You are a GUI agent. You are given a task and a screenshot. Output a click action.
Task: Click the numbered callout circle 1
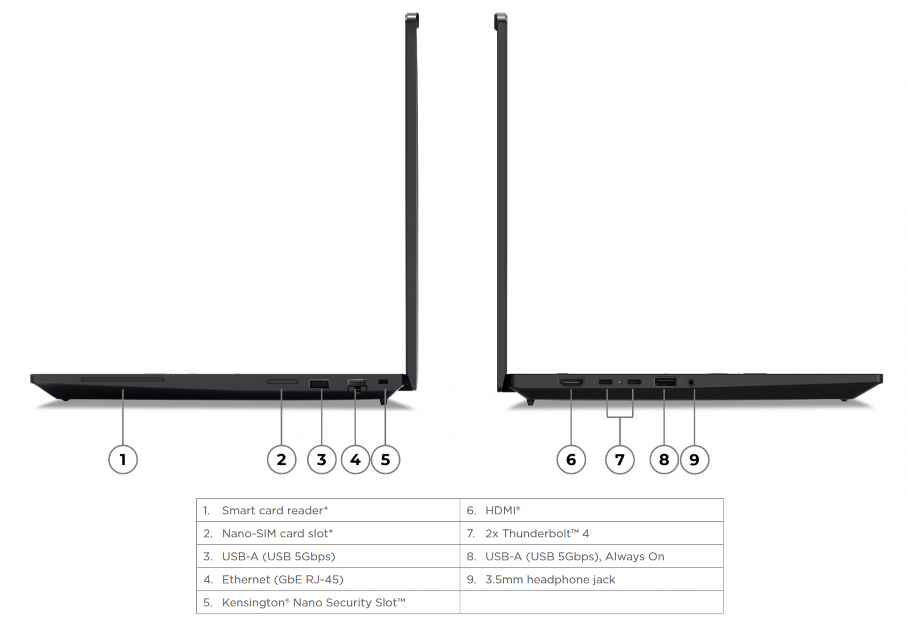[123, 459]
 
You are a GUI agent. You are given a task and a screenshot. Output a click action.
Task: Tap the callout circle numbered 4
[355, 459]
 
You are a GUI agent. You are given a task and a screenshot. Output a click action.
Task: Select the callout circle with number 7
[619, 459]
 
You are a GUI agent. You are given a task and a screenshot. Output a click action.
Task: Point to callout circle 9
[694, 459]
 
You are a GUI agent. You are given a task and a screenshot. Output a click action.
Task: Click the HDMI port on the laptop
[571, 382]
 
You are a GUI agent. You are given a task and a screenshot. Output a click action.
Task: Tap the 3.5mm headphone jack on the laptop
[691, 382]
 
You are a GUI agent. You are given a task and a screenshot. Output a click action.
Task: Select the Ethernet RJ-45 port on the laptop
[357, 385]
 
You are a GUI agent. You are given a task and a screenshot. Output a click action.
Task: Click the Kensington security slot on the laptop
[383, 382]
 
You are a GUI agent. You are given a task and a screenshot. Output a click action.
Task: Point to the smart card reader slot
[122, 379]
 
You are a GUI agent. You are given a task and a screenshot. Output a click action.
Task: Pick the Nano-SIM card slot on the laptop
[282, 382]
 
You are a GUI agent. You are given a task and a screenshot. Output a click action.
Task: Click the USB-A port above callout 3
[319, 384]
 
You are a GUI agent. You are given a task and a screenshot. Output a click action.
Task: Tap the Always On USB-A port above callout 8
[665, 382]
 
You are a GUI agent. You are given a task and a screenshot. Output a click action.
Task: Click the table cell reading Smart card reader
[328, 510]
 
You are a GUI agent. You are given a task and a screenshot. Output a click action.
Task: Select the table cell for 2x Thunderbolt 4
[591, 533]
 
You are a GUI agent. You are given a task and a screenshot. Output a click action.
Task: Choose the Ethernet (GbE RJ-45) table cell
[328, 580]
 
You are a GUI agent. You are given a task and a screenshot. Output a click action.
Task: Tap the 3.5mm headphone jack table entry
[591, 580]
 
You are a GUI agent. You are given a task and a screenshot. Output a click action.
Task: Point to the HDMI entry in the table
[591, 510]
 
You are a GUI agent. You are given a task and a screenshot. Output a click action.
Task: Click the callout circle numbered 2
[281, 459]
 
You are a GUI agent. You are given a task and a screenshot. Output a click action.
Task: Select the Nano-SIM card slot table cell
[328, 533]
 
